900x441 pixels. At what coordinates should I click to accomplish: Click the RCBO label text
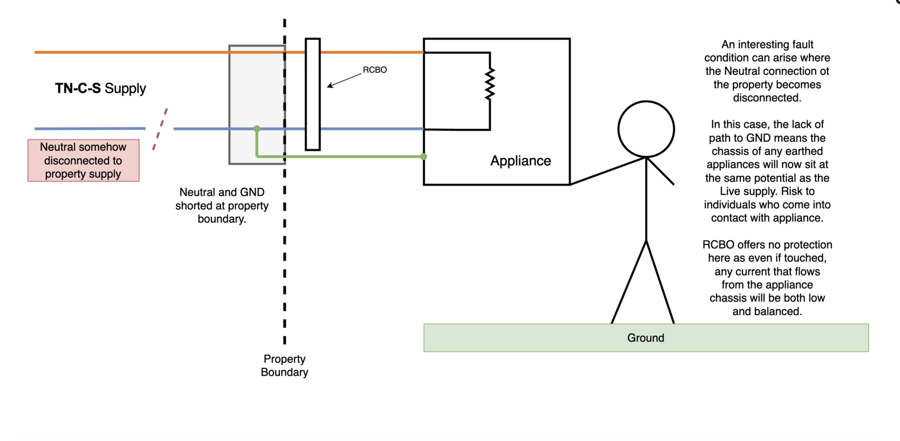tap(375, 70)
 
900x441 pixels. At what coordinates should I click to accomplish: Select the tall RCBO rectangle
tap(313, 94)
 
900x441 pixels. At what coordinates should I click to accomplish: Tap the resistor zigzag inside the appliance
tap(490, 84)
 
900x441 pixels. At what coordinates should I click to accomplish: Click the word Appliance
tap(520, 161)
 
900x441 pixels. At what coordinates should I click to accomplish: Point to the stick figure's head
tap(646, 129)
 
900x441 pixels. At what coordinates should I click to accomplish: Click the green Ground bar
tap(646, 337)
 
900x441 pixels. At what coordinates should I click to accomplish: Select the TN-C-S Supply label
tap(101, 88)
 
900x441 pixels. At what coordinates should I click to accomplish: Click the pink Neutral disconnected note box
tap(83, 160)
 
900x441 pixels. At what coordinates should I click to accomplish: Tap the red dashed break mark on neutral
tap(160, 129)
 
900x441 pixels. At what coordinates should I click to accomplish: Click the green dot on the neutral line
tap(257, 129)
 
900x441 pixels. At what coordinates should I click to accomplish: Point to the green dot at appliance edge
tap(424, 156)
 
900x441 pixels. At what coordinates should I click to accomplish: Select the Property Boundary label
tap(285, 365)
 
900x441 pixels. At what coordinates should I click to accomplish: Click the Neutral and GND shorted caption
tap(222, 205)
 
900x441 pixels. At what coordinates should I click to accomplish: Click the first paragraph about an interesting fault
tap(767, 71)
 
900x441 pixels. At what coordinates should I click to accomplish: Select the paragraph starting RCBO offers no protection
tap(767, 278)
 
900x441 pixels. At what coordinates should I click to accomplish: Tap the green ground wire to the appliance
tap(349, 156)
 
